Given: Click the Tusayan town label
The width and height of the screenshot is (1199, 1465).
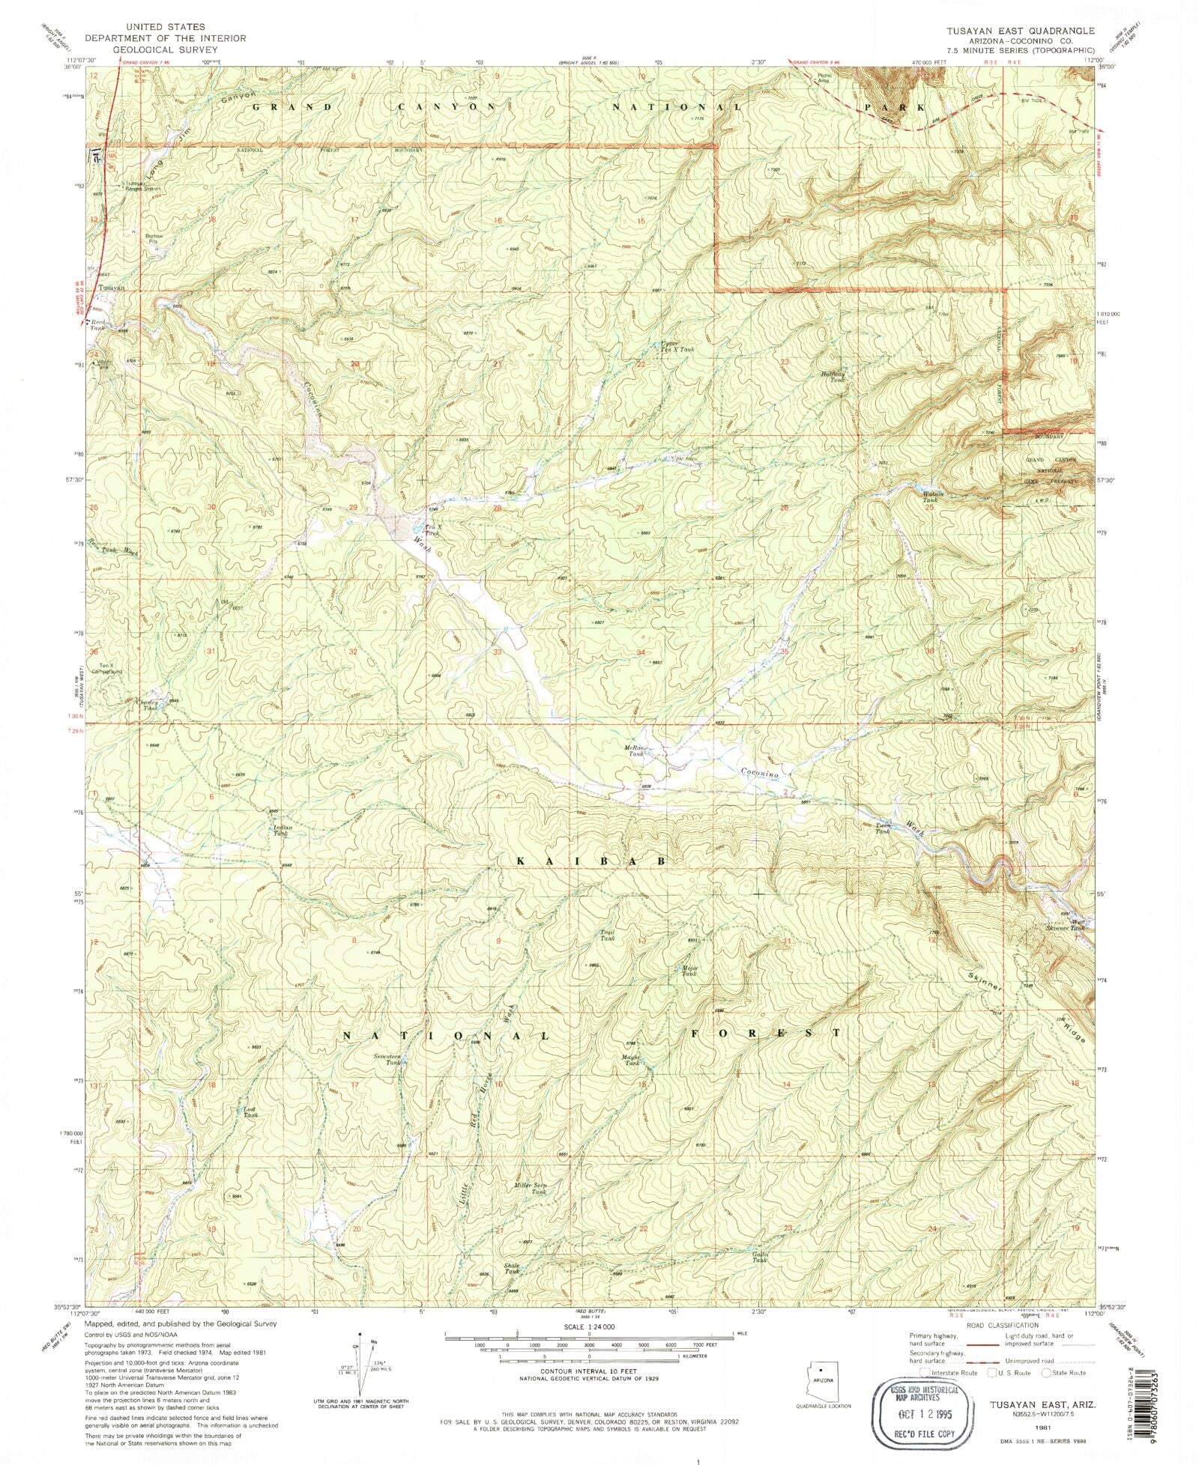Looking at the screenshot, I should point(111,288).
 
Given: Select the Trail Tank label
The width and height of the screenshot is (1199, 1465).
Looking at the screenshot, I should point(607,935).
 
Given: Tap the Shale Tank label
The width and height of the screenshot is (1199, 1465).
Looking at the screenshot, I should point(511,1269).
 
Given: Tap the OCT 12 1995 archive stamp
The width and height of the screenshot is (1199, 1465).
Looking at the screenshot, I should point(915,1413).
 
